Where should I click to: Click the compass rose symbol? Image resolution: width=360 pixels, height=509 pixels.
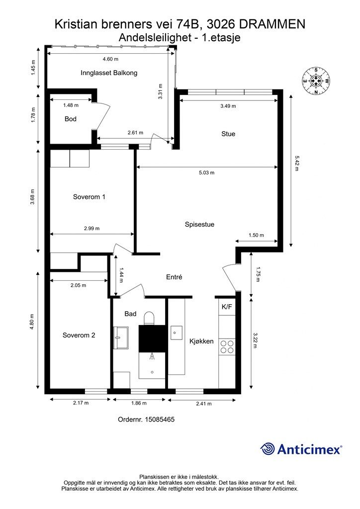[x=316, y=81]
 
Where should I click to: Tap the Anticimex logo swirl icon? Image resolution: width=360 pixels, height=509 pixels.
[x=268, y=449]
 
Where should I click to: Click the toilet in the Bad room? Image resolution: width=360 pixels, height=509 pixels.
[x=149, y=318]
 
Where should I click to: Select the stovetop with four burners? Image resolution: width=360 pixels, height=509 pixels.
[x=227, y=346]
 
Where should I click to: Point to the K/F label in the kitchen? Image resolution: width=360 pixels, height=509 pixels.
[x=227, y=306]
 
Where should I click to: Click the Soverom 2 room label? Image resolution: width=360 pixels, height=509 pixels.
[x=79, y=336]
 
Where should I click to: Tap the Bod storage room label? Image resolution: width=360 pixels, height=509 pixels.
[x=71, y=119]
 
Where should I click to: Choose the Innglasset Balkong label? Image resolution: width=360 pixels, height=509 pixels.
[x=109, y=73]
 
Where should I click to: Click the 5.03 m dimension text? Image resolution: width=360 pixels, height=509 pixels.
[x=206, y=172]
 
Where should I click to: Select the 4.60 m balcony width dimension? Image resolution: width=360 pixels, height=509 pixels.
[x=110, y=59]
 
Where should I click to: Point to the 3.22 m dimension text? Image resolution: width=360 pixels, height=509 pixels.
[x=255, y=340]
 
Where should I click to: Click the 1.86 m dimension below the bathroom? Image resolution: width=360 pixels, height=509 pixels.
[x=139, y=403]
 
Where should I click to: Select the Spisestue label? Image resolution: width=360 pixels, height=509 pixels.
[x=199, y=224]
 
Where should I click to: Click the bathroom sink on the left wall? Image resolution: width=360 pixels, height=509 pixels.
[x=121, y=338]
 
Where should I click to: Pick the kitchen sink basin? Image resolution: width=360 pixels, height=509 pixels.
[x=177, y=333]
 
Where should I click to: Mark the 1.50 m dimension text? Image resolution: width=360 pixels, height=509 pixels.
[x=256, y=235]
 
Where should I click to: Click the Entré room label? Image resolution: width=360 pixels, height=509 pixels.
[x=174, y=277]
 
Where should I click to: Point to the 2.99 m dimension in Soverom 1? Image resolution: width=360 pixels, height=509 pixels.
[x=91, y=228]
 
